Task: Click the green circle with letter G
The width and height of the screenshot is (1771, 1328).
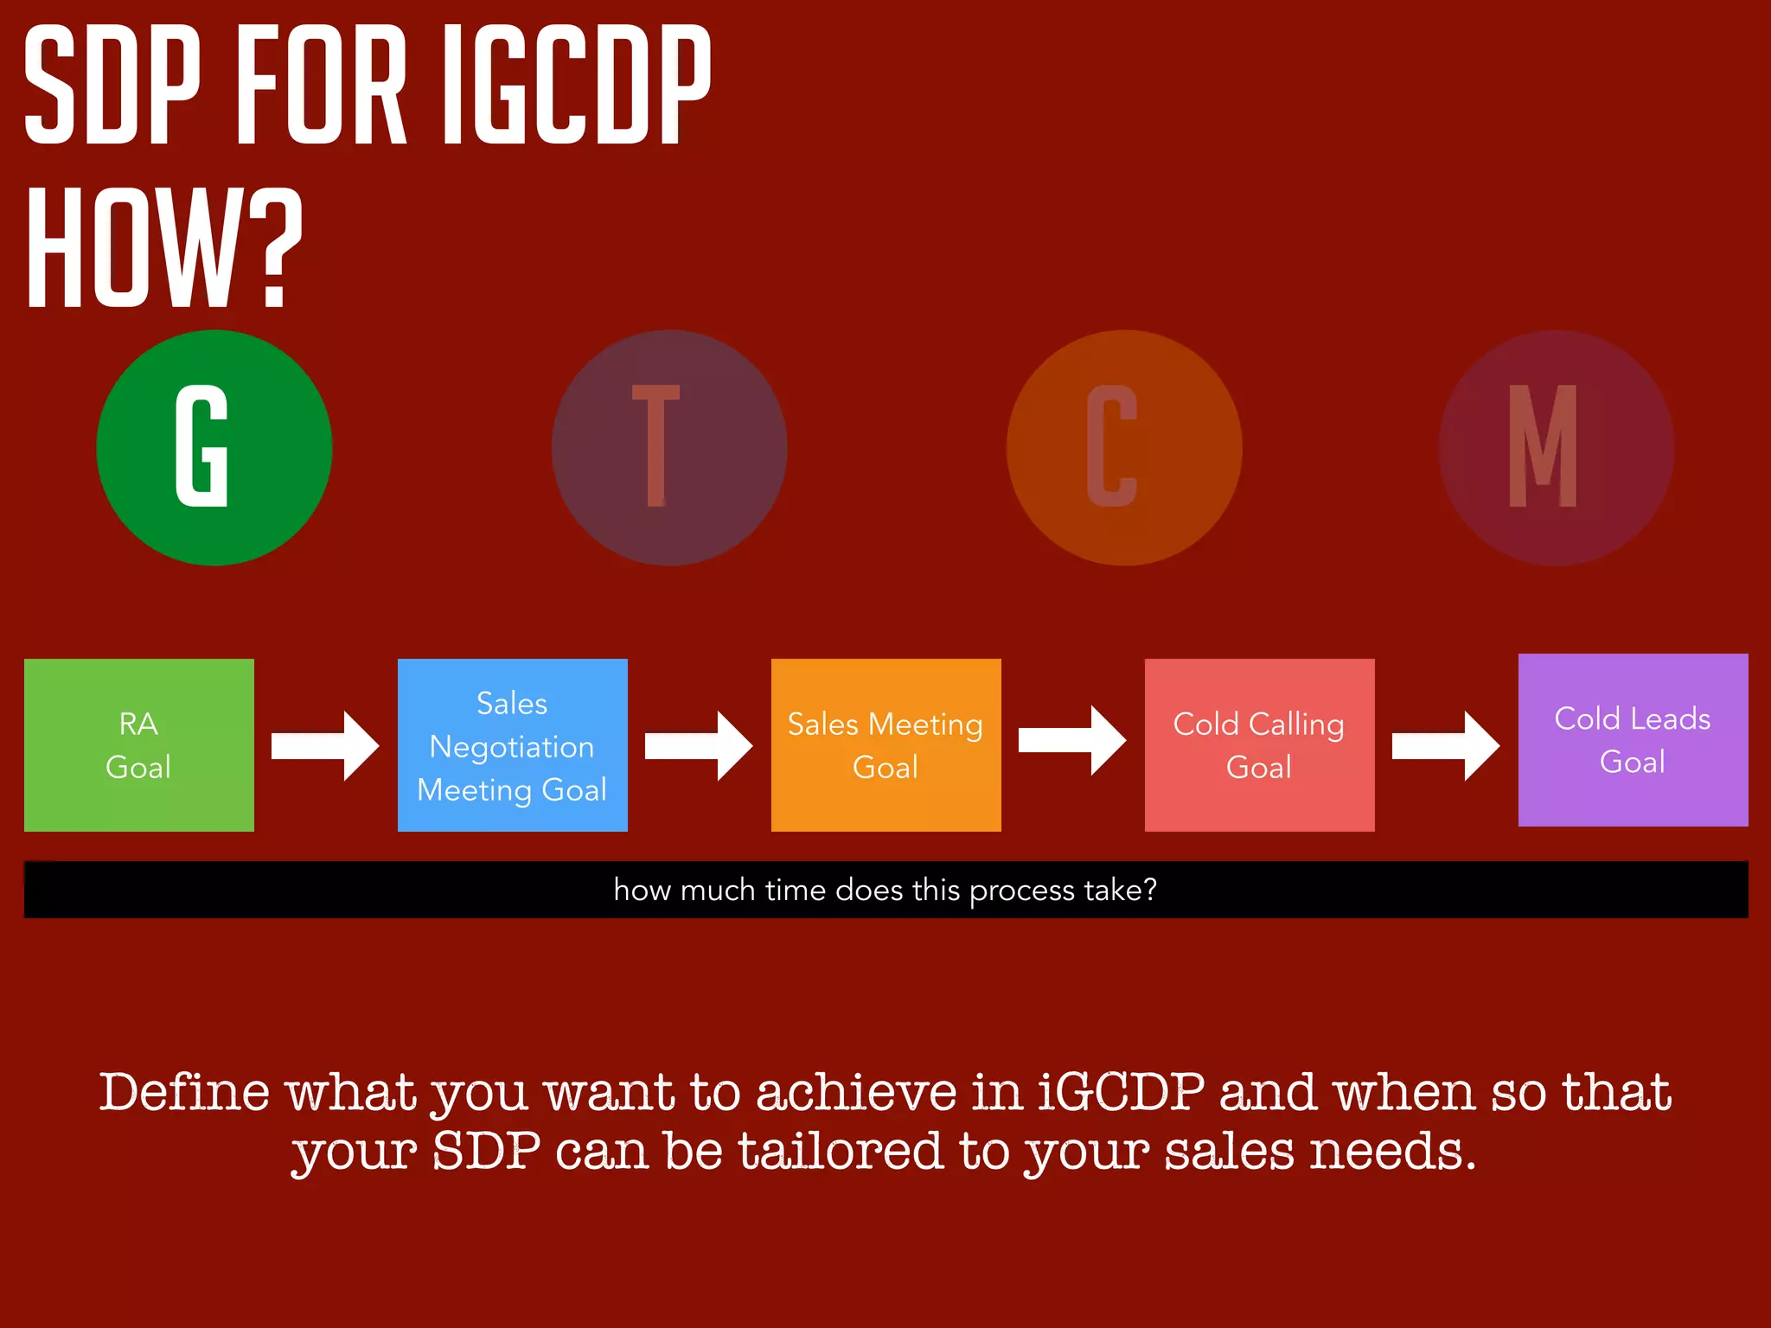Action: [x=214, y=448]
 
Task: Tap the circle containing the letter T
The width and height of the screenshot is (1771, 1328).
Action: [x=669, y=448]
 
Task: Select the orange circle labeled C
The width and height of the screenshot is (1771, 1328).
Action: [x=1124, y=448]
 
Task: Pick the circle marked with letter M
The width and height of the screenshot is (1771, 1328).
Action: [x=1557, y=448]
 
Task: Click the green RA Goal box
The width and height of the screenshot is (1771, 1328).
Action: [x=139, y=745]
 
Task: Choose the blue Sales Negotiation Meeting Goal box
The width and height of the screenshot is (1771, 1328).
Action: [x=513, y=745]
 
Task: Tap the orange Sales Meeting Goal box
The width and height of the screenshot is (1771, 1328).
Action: [x=886, y=745]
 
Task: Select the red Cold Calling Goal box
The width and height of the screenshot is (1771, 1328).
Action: [x=1260, y=745]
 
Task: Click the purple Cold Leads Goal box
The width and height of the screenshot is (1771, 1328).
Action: [x=1634, y=740]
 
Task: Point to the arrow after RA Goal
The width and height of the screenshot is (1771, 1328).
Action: [x=325, y=745]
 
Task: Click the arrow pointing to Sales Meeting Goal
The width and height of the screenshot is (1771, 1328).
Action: [x=699, y=745]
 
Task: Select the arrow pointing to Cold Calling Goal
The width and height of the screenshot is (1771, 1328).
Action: [x=1072, y=740]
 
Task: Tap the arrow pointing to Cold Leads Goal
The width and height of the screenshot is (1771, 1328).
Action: [x=1446, y=745]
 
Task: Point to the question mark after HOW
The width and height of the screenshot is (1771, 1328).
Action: [x=275, y=250]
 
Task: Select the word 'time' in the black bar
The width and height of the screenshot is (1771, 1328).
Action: [x=795, y=890]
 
